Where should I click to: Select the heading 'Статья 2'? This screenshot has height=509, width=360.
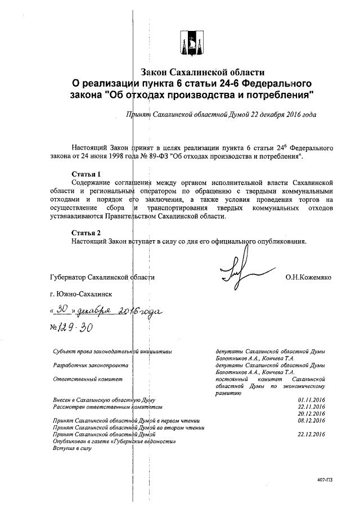pos(87,232)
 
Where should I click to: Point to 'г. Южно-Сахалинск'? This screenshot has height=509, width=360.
pos(81,294)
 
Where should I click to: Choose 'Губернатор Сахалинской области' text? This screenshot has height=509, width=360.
pos(102,277)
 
